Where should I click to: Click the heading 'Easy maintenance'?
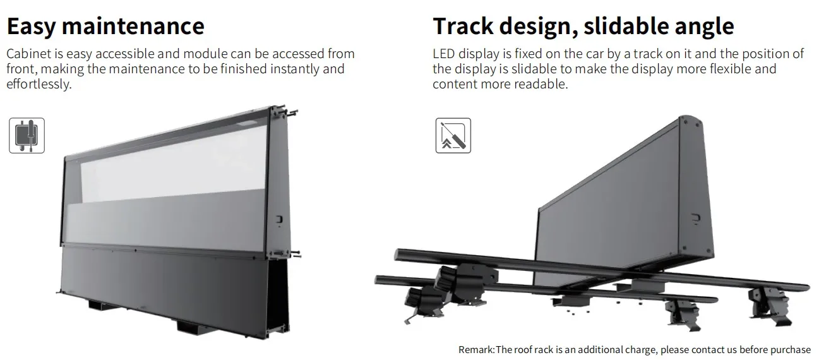coord(105,27)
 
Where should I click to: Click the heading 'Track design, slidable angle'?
coord(583,27)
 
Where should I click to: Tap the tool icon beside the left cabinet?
coord(27,135)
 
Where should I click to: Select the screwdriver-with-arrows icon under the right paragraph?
coord(453,135)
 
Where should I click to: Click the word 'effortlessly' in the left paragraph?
coord(38,83)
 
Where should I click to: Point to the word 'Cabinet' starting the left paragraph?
coord(28,54)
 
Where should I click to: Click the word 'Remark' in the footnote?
coord(476,349)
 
